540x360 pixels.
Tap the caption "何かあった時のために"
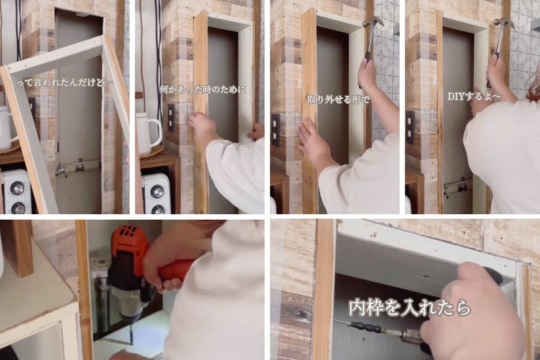pos(202,89)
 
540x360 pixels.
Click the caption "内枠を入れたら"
pos(409,307)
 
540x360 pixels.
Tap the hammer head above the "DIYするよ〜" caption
pos(504,23)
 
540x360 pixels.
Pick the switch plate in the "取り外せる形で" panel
pos(275,129)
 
